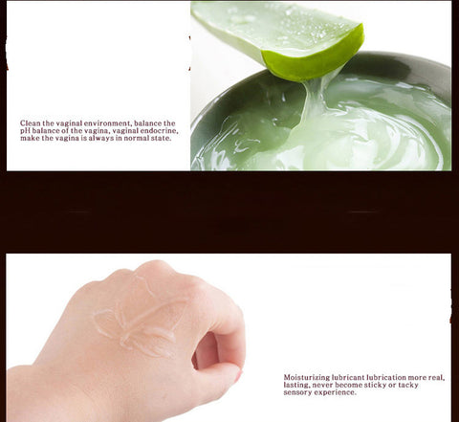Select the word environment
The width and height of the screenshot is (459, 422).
pos(107,123)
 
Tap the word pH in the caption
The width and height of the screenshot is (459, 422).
pos(25,131)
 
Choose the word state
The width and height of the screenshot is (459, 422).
pos(161,138)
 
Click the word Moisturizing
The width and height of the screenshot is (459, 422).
pos(307,378)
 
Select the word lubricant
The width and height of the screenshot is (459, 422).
pos(348,377)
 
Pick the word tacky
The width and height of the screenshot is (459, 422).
pos(407,385)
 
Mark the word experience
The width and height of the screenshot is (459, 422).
pos(335,392)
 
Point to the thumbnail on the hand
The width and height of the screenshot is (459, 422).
pos(239,376)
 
